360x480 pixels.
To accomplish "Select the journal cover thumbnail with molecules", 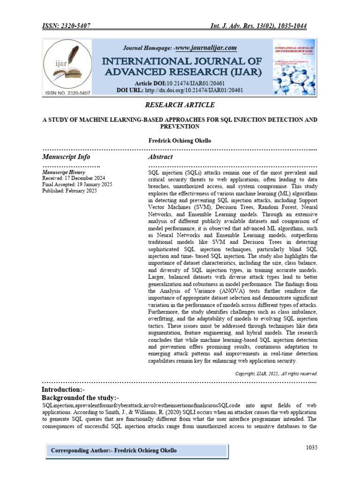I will click(294, 67).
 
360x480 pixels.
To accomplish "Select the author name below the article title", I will click(180, 141).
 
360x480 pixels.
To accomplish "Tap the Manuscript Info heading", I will click(66, 157).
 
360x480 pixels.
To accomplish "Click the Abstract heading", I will click(160, 157).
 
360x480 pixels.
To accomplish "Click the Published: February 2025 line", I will click(68, 191).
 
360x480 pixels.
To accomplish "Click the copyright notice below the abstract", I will click(276, 374).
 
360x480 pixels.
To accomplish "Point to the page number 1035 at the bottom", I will click(311, 448).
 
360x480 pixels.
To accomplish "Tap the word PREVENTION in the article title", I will click(180, 127).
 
